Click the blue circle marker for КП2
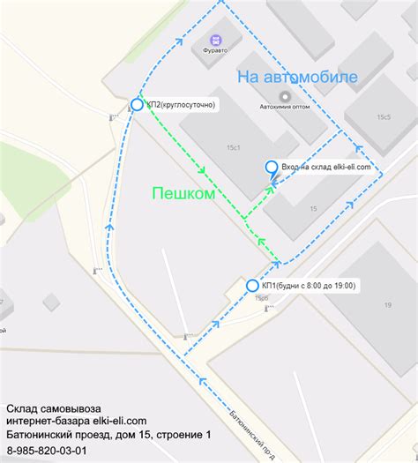[137, 105]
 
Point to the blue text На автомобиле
[297, 78]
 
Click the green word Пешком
[183, 193]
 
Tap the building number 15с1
[234, 147]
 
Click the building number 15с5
[384, 116]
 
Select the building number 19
[387, 305]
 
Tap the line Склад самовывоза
[54, 409]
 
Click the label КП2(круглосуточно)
[182, 105]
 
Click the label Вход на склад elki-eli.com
[325, 166]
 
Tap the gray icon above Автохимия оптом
[284, 97]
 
